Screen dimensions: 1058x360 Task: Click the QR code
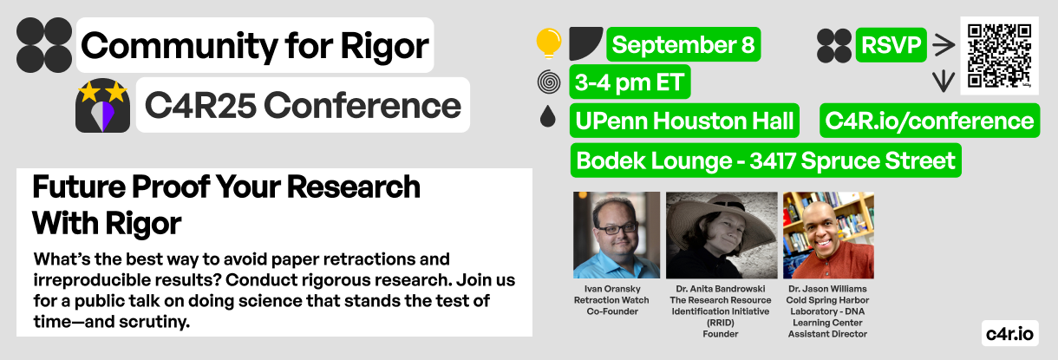tap(999, 56)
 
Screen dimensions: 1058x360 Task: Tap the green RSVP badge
tap(891, 45)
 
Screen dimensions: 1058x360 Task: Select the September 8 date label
tap(683, 44)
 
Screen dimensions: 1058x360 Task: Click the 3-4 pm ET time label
tap(630, 82)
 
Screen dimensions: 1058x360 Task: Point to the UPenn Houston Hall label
tap(684, 121)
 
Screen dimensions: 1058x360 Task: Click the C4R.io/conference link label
tap(930, 121)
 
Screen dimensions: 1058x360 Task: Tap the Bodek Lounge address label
tap(766, 160)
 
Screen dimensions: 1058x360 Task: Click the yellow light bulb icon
tap(549, 43)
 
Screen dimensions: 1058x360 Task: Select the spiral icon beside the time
tap(549, 82)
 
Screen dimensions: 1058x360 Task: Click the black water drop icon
tap(548, 115)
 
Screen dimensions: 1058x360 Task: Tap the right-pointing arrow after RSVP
tap(944, 45)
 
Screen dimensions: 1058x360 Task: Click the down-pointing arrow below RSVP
tap(944, 82)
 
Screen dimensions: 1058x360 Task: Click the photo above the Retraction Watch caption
tap(617, 235)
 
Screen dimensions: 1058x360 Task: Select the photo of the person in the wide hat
tap(722, 235)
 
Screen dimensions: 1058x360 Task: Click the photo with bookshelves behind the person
tap(828, 235)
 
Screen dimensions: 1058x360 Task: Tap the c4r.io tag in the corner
tap(1009, 334)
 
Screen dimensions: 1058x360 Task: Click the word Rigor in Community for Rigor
tap(384, 46)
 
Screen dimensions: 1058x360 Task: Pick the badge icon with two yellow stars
tap(102, 105)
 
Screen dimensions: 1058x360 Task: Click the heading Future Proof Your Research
tap(226, 187)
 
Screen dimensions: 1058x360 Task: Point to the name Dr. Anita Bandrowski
tap(721, 289)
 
